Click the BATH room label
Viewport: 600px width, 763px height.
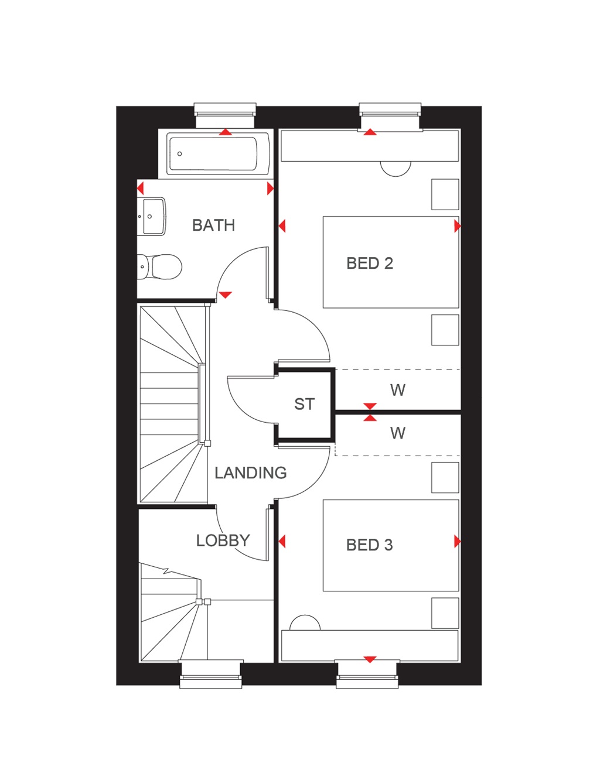213,225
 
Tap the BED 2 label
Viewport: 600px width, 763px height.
369,264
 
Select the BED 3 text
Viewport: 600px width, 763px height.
369,545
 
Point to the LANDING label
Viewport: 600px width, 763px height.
250,473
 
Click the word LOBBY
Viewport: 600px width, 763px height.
223,540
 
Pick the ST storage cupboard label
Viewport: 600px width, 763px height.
304,404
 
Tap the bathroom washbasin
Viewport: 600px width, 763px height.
152,216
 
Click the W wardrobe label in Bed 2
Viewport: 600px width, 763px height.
397,390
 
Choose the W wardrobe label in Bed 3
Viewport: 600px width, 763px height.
397,433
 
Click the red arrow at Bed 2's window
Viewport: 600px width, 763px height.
370,132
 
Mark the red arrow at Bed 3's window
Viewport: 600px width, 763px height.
370,659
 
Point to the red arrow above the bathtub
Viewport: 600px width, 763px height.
226,132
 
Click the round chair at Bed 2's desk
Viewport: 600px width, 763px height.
396,168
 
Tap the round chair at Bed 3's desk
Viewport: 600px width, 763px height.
305,623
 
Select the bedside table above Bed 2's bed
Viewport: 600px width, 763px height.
445,194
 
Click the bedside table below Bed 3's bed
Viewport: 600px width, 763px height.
445,613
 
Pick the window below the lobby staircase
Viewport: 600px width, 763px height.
211,674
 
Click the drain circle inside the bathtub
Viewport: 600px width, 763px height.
180,154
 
